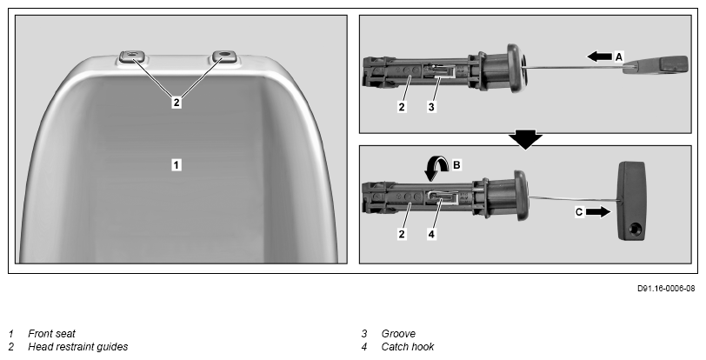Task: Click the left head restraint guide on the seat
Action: (130, 57)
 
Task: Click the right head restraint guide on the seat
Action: (224, 57)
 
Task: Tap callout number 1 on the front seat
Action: (176, 165)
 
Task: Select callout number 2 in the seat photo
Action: (176, 103)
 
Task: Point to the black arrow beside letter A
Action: (599, 57)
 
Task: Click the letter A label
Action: (619, 57)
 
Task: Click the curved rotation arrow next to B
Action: (436, 168)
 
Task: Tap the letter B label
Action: (456, 165)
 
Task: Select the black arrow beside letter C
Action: (598, 212)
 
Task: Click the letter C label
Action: (579, 212)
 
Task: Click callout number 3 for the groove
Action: (431, 107)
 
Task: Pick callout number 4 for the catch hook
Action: (431, 234)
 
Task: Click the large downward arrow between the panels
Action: (525, 140)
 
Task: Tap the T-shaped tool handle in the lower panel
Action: (631, 201)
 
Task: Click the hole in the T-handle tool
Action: (636, 229)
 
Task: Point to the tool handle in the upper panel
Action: (656, 64)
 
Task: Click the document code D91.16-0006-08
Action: (666, 289)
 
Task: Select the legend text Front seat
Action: (52, 334)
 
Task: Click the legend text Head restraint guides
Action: (78, 347)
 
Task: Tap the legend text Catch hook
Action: (408, 347)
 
